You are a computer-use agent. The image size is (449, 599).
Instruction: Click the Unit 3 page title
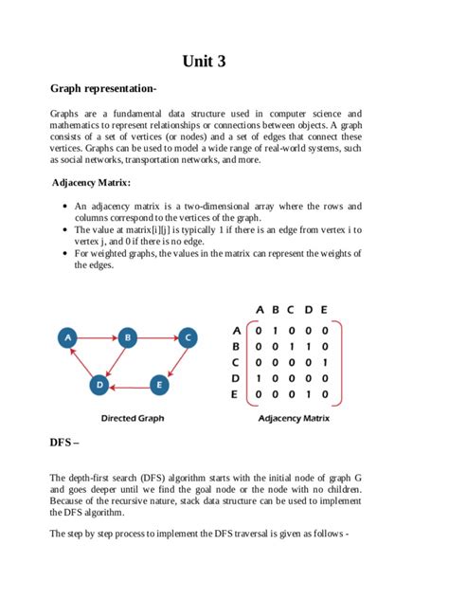pos(204,63)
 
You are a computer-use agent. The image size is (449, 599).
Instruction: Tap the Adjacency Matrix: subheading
pos(91,182)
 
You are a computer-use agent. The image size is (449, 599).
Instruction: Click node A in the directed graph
pos(66,336)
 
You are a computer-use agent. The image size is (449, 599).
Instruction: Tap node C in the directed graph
pos(188,336)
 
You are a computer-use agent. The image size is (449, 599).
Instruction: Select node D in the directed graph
pos(98,385)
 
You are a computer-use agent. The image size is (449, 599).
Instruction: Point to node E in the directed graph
pos(158,385)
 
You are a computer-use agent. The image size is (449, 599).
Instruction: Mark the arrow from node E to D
pos(128,385)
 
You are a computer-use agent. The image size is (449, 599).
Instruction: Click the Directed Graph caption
pos(132,418)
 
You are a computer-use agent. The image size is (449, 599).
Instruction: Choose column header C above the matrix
pos(291,309)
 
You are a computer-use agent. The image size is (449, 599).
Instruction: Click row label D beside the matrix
pos(236,376)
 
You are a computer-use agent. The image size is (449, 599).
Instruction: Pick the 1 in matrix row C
pos(324,361)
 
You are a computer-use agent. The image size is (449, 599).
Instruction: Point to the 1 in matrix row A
pos(275,331)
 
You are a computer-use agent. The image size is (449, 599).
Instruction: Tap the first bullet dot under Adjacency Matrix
pos(63,206)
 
